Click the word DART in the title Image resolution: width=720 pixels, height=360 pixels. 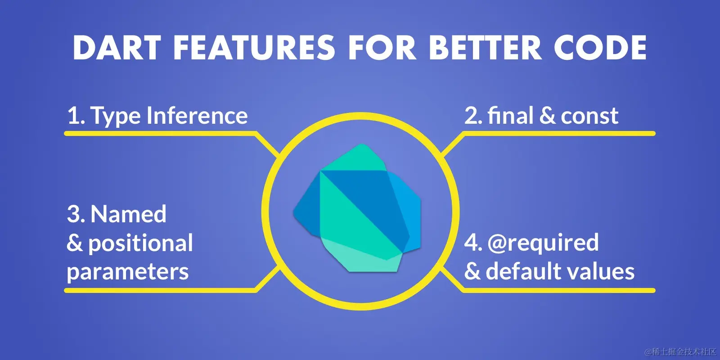[x=117, y=48]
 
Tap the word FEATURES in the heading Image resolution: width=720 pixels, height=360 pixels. [x=254, y=48]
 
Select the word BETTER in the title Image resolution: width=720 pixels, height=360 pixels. [x=485, y=48]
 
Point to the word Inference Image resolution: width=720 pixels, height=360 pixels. [x=197, y=115]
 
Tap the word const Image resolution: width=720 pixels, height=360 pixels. [x=589, y=116]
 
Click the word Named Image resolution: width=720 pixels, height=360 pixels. [x=128, y=214]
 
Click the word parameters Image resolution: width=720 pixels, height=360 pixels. [x=128, y=272]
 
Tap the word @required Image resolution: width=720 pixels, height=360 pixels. [x=543, y=243]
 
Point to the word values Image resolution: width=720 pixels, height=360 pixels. [x=601, y=272]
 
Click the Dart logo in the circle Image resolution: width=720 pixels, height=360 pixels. [x=357, y=208]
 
